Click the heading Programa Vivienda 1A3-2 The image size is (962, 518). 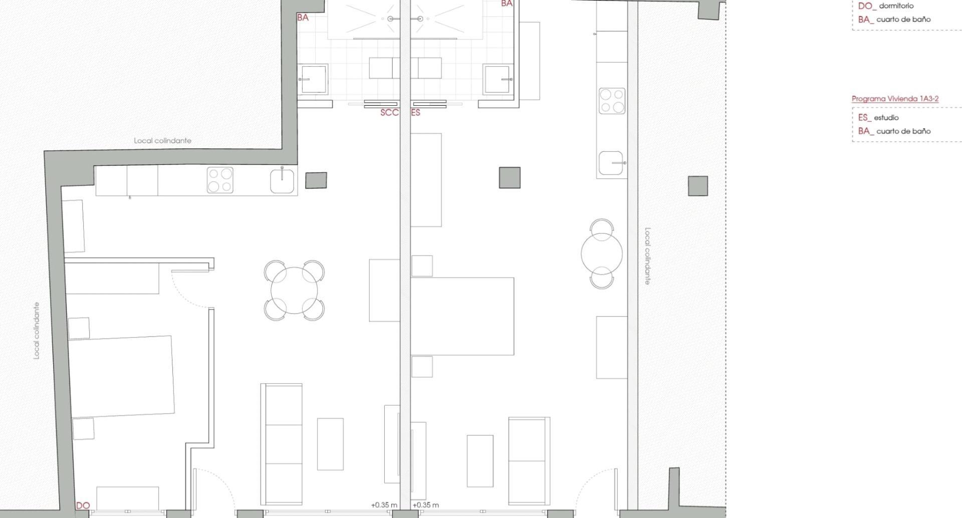(x=895, y=99)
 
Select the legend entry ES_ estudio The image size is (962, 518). (x=878, y=118)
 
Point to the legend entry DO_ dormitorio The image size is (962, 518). (x=885, y=6)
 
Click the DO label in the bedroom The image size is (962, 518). (x=83, y=506)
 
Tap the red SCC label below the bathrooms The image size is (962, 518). (x=389, y=113)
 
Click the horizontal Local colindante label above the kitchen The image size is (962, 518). (x=162, y=141)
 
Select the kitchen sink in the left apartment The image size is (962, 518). (x=283, y=181)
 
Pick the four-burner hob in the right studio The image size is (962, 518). (x=612, y=101)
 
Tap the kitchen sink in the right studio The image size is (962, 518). (x=611, y=163)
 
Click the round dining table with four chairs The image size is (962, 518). (x=294, y=291)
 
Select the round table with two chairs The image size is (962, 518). (x=602, y=253)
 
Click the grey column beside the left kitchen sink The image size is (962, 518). (x=316, y=180)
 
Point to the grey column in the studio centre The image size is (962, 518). (x=510, y=178)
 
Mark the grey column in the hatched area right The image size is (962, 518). (x=698, y=186)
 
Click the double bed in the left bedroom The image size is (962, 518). (x=121, y=376)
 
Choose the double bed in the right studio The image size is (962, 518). (x=462, y=316)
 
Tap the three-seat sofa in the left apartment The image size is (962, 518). (x=282, y=444)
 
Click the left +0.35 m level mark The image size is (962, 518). (x=384, y=505)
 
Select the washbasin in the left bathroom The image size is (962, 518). (x=314, y=79)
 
